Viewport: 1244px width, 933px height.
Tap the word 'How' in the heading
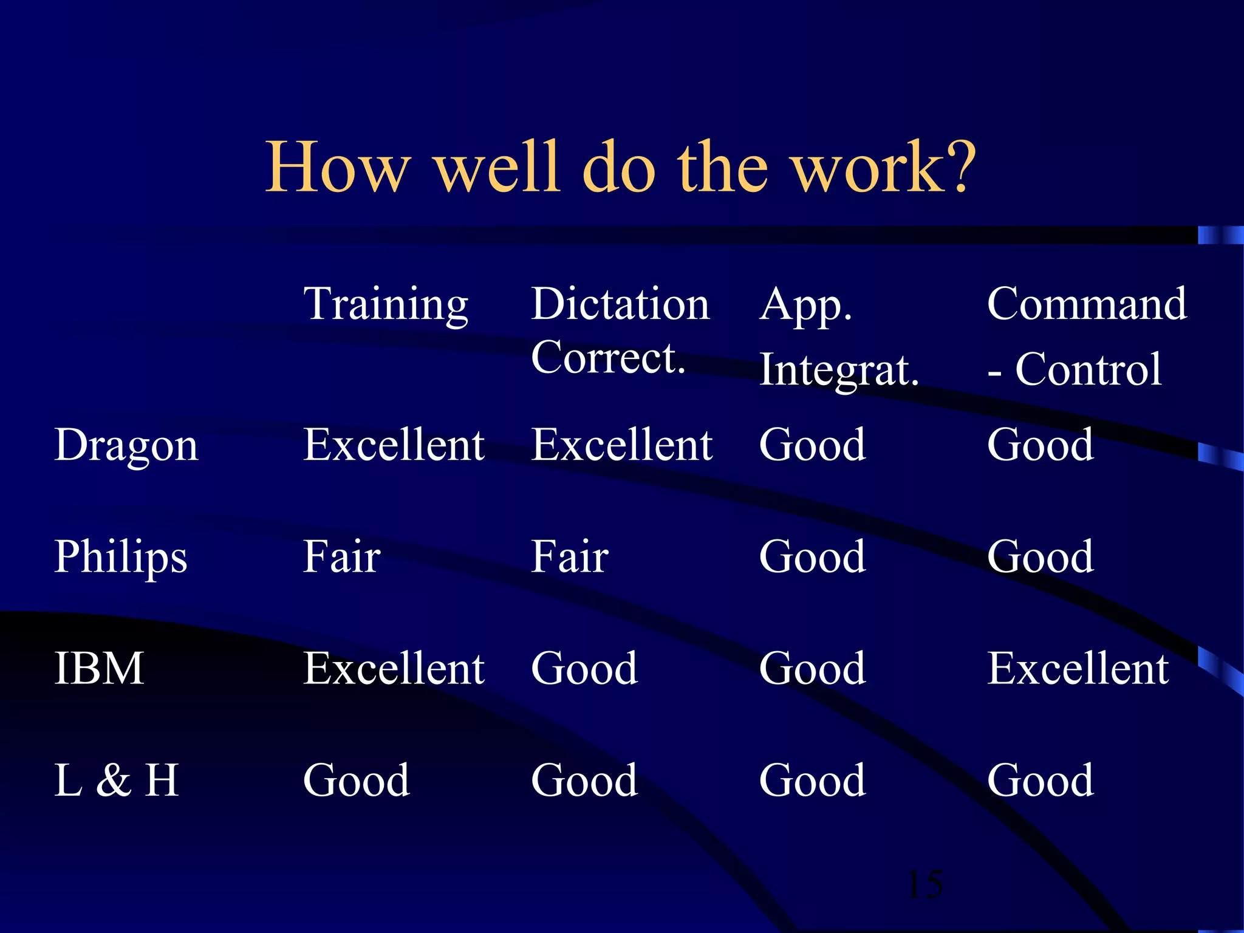coord(338,167)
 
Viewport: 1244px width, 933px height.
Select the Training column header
coord(386,304)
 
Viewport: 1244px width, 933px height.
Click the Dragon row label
coord(126,445)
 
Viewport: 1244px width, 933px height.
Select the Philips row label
coord(121,557)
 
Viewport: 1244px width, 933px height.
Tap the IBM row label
coord(100,668)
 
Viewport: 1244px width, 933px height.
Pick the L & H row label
coord(117,780)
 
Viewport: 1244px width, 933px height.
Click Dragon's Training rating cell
coord(394,445)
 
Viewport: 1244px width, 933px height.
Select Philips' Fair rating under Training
coord(342,556)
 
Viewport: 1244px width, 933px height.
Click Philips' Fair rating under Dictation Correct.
coord(570,556)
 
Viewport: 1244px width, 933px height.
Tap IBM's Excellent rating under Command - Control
coord(1078,668)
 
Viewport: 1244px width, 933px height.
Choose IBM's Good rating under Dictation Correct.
coord(584,668)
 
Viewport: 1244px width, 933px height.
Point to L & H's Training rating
coord(357,780)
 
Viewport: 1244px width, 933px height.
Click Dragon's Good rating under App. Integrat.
coord(813,445)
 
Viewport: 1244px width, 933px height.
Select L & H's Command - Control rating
coord(1041,780)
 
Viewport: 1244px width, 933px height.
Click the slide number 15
coord(925,884)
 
